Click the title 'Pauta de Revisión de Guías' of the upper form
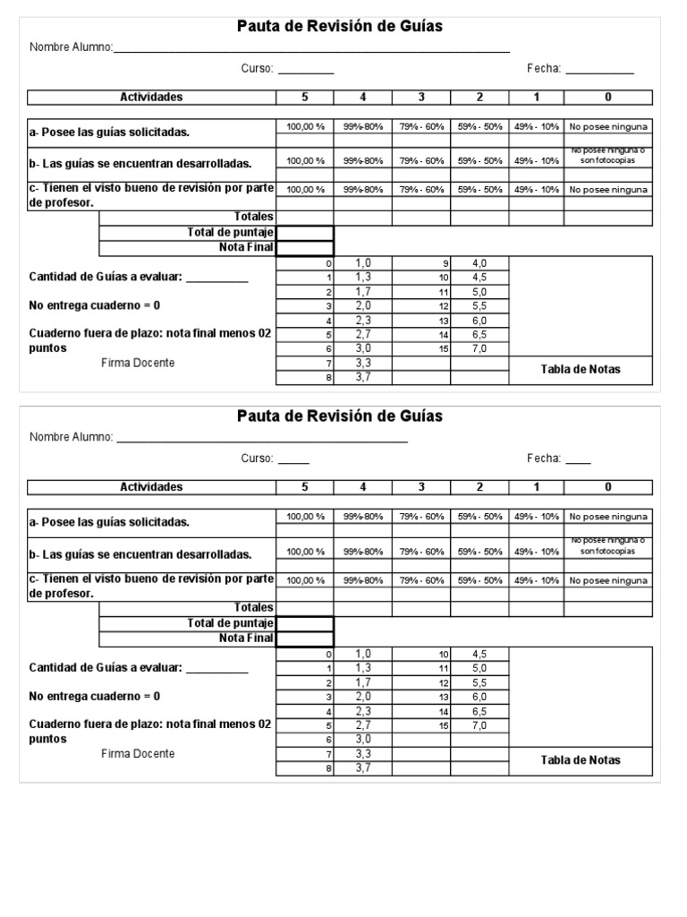pos(339,27)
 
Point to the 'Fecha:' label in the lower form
pos(544,458)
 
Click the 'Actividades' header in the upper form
pos(151,97)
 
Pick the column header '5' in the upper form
pos(304,97)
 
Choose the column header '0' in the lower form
pos(608,487)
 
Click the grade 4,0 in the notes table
pos(479,263)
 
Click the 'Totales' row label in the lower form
pos(253,607)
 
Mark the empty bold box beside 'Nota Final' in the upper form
pos(304,248)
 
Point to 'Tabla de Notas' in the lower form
pos(581,760)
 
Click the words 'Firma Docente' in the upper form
pos(138,363)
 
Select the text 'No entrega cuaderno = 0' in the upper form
pos(95,305)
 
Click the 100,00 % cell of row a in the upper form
pos(305,127)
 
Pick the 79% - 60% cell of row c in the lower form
pos(421,580)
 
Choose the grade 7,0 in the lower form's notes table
pos(479,724)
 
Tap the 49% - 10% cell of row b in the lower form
pos(537,553)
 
